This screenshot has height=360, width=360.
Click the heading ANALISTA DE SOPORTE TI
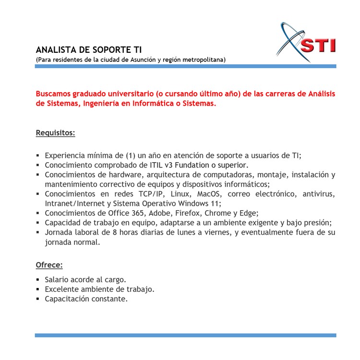[89, 50]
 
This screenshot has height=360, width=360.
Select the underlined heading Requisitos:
[55, 132]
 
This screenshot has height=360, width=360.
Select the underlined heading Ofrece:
[49, 265]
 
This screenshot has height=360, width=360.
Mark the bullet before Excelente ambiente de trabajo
[37, 289]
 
